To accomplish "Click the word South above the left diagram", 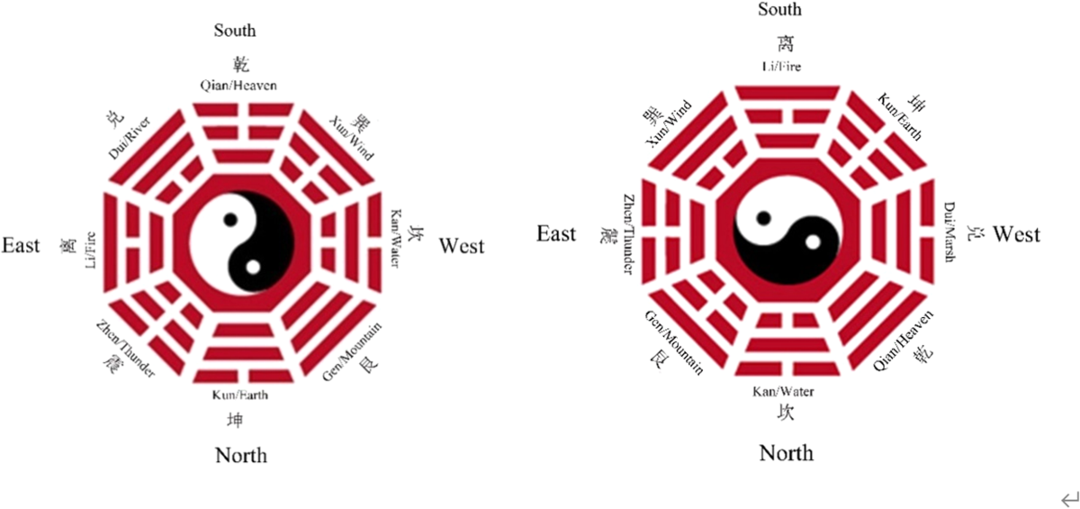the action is click(235, 31).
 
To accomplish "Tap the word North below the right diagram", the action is click(786, 451).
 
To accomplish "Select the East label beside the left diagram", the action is click(21, 245).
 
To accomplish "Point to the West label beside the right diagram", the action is click(1016, 234).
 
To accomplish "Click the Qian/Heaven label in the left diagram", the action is click(238, 86).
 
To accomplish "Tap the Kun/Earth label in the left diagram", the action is click(240, 395).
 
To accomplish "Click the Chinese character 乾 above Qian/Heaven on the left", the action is click(240, 65).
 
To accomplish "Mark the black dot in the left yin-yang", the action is click(231, 219).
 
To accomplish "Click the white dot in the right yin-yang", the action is click(813, 241).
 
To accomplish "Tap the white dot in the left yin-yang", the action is click(253, 267).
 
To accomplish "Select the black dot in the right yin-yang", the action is click(763, 217).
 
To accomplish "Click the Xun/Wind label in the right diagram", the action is click(667, 125).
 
